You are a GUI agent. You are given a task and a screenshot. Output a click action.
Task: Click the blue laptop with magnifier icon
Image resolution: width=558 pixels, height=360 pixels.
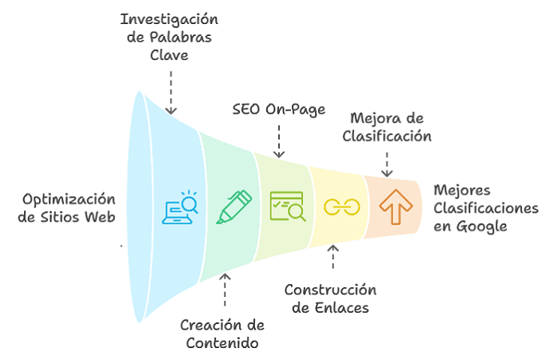(180, 206)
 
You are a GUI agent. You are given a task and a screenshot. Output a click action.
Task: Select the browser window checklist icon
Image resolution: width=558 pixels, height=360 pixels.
(287, 206)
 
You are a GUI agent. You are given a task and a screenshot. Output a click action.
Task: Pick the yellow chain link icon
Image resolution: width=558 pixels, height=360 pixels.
(341, 206)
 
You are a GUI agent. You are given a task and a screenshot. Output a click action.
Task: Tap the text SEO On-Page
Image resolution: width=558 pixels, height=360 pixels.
(278, 109)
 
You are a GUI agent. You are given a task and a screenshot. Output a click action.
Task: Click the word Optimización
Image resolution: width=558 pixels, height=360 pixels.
(70, 198)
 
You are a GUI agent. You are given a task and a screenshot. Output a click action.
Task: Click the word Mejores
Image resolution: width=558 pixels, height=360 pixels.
(461, 190)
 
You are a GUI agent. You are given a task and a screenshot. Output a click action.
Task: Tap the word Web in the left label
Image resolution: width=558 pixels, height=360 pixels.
(100, 217)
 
